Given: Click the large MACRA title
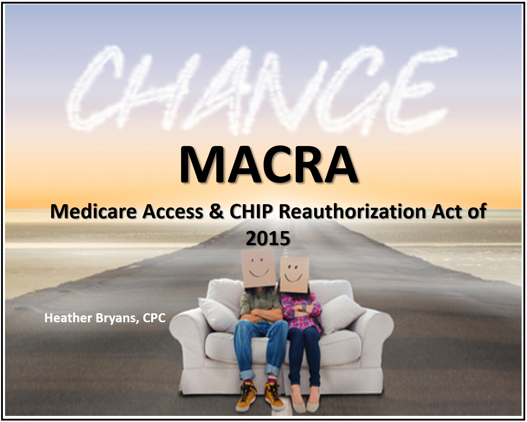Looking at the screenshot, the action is (268, 165).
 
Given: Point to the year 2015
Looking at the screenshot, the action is (268, 238).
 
